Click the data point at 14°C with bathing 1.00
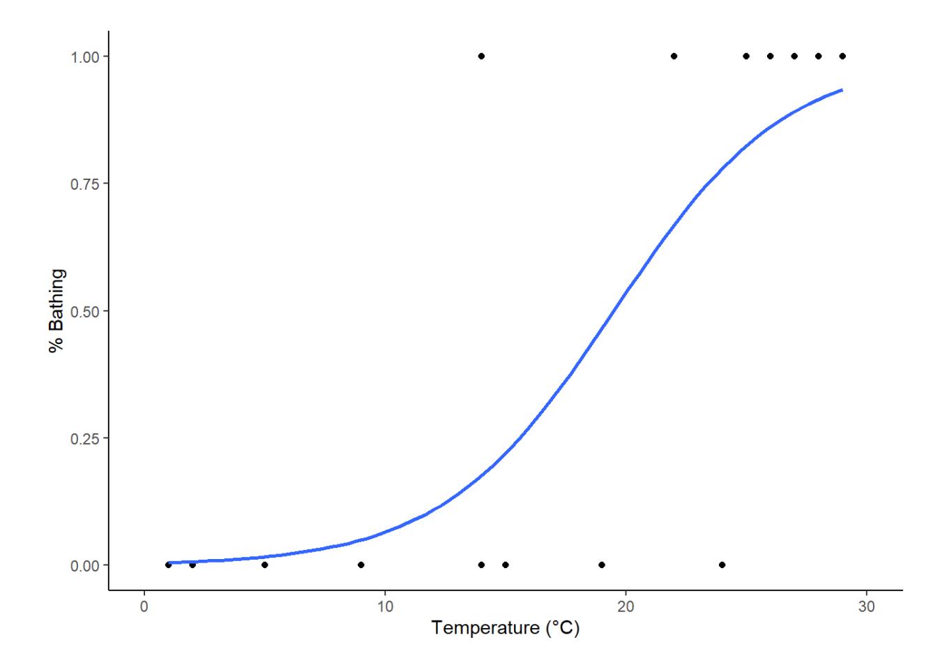481,56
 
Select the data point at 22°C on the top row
674,56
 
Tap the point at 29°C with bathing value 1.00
842,56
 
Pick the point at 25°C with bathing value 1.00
746,56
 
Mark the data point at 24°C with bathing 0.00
722,565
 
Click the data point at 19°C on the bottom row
602,565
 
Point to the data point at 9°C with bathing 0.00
361,565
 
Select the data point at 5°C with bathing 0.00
264,565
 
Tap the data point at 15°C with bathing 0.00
505,565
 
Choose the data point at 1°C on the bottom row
168,565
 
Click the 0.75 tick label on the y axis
84,184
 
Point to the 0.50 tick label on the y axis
84,311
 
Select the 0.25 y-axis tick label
84,438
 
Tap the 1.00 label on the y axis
84,57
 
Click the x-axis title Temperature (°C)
505,628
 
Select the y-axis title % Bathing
57,311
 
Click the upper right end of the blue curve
842,90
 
